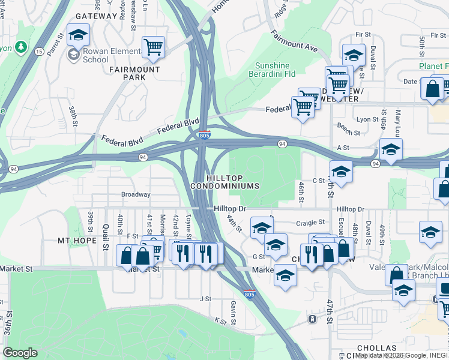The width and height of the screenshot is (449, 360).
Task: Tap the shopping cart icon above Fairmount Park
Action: [x=154, y=47]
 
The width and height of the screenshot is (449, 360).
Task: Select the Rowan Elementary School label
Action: [x=95, y=56]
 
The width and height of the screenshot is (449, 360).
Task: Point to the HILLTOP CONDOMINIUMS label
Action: [x=226, y=182]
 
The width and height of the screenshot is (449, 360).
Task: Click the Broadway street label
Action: [x=136, y=194]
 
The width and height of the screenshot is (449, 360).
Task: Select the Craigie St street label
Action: [x=310, y=223]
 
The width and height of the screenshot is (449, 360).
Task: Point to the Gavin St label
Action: [x=232, y=309]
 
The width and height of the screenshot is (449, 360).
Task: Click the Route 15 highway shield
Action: [x=39, y=52]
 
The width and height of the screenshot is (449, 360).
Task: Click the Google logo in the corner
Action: [x=20, y=353]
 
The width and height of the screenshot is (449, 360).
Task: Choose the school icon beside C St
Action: [x=341, y=172]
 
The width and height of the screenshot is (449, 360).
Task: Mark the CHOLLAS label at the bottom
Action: [x=376, y=348]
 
